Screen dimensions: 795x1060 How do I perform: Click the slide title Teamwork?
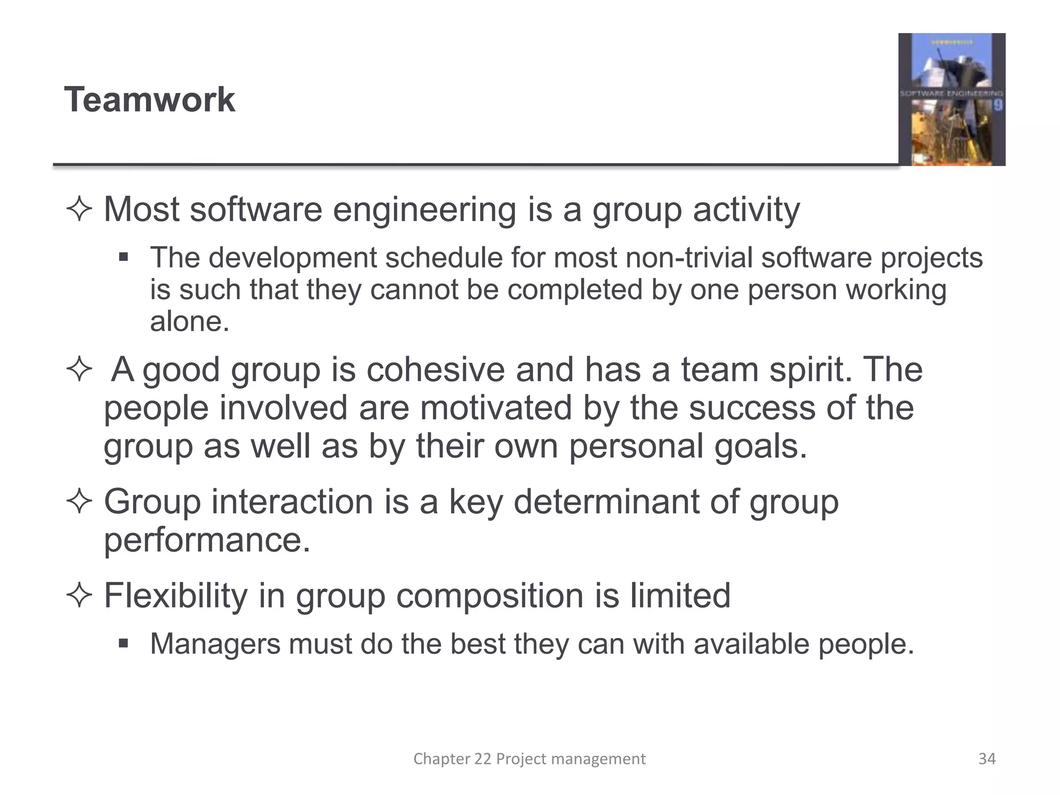[150, 99]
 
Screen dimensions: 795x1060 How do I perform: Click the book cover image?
[951, 99]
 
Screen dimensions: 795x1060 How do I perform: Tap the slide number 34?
[987, 759]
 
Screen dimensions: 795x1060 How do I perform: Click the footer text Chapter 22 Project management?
[529, 759]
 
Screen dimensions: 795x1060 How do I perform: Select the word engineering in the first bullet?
[424, 211]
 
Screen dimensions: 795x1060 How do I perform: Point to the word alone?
[189, 321]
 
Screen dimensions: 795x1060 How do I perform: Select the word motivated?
[496, 408]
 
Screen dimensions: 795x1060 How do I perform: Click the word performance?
[207, 540]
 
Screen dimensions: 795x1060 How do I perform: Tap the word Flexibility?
[175, 596]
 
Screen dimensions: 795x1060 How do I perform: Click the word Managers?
[215, 644]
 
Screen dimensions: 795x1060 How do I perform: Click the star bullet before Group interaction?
[79, 502]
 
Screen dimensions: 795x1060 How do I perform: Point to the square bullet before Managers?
[123, 644]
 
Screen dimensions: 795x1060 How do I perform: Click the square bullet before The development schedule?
[123, 257]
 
